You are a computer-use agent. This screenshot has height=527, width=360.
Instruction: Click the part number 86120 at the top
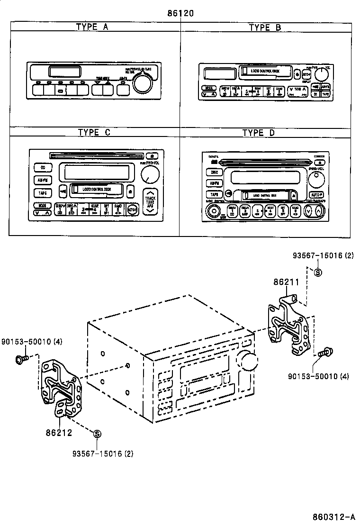point(180,13)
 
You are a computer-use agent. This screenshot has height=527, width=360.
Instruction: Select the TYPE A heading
point(92,27)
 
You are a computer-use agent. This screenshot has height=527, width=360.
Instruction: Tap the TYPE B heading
point(265,27)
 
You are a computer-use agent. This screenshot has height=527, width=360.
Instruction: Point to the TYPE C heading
point(94,132)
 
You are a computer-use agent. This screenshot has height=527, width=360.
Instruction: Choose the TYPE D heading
point(259,133)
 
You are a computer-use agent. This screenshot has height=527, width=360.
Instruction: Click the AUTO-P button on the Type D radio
point(316,195)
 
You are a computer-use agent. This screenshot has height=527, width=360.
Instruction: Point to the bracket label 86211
point(286,282)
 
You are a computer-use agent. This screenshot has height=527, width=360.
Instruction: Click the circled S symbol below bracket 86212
point(97,434)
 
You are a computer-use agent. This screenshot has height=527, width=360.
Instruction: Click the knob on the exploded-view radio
point(248,361)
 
